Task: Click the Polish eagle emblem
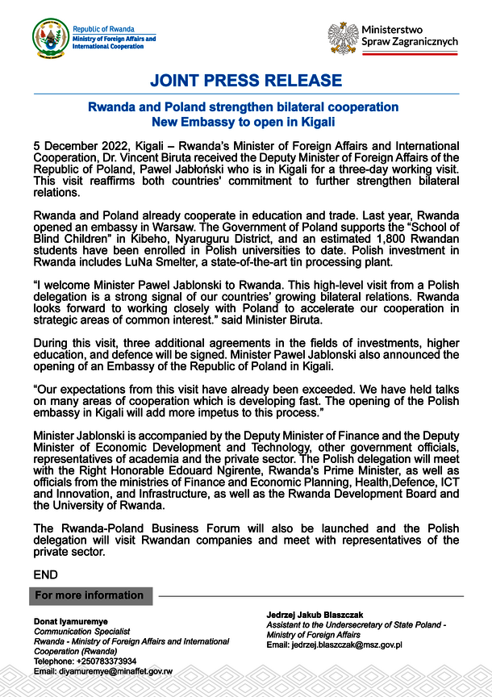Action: pos(343,37)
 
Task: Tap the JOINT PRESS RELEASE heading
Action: pos(246,81)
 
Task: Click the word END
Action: pos(46,574)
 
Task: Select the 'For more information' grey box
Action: pos(90,595)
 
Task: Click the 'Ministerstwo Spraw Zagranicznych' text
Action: pos(409,35)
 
